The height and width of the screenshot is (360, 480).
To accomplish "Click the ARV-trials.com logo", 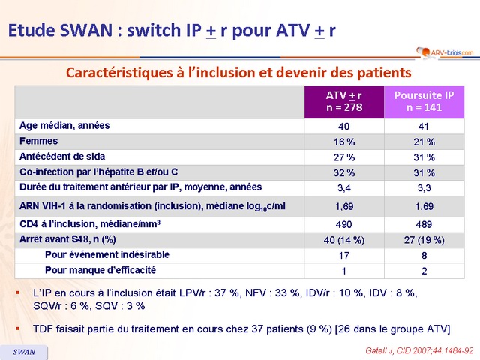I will [445, 52].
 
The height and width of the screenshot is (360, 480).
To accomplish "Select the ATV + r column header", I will [343, 101].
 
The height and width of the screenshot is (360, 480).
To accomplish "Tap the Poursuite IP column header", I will [424, 101].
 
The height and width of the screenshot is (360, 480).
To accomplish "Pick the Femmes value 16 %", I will [343, 141].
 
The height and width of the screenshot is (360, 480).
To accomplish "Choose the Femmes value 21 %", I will [424, 141].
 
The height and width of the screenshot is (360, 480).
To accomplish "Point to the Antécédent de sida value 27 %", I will [343, 157].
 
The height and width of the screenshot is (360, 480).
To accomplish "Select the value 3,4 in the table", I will [343, 188].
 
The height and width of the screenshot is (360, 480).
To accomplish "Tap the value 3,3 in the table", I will [424, 188].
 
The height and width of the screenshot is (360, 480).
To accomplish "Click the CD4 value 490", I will [343, 223].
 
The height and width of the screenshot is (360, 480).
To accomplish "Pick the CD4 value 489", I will [424, 223].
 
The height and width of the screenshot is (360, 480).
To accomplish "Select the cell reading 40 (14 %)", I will [343, 240].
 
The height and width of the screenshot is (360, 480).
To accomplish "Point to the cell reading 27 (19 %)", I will [424, 240].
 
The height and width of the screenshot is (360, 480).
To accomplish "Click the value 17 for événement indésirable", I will [343, 255].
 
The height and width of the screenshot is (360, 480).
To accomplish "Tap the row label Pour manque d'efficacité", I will [101, 270].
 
